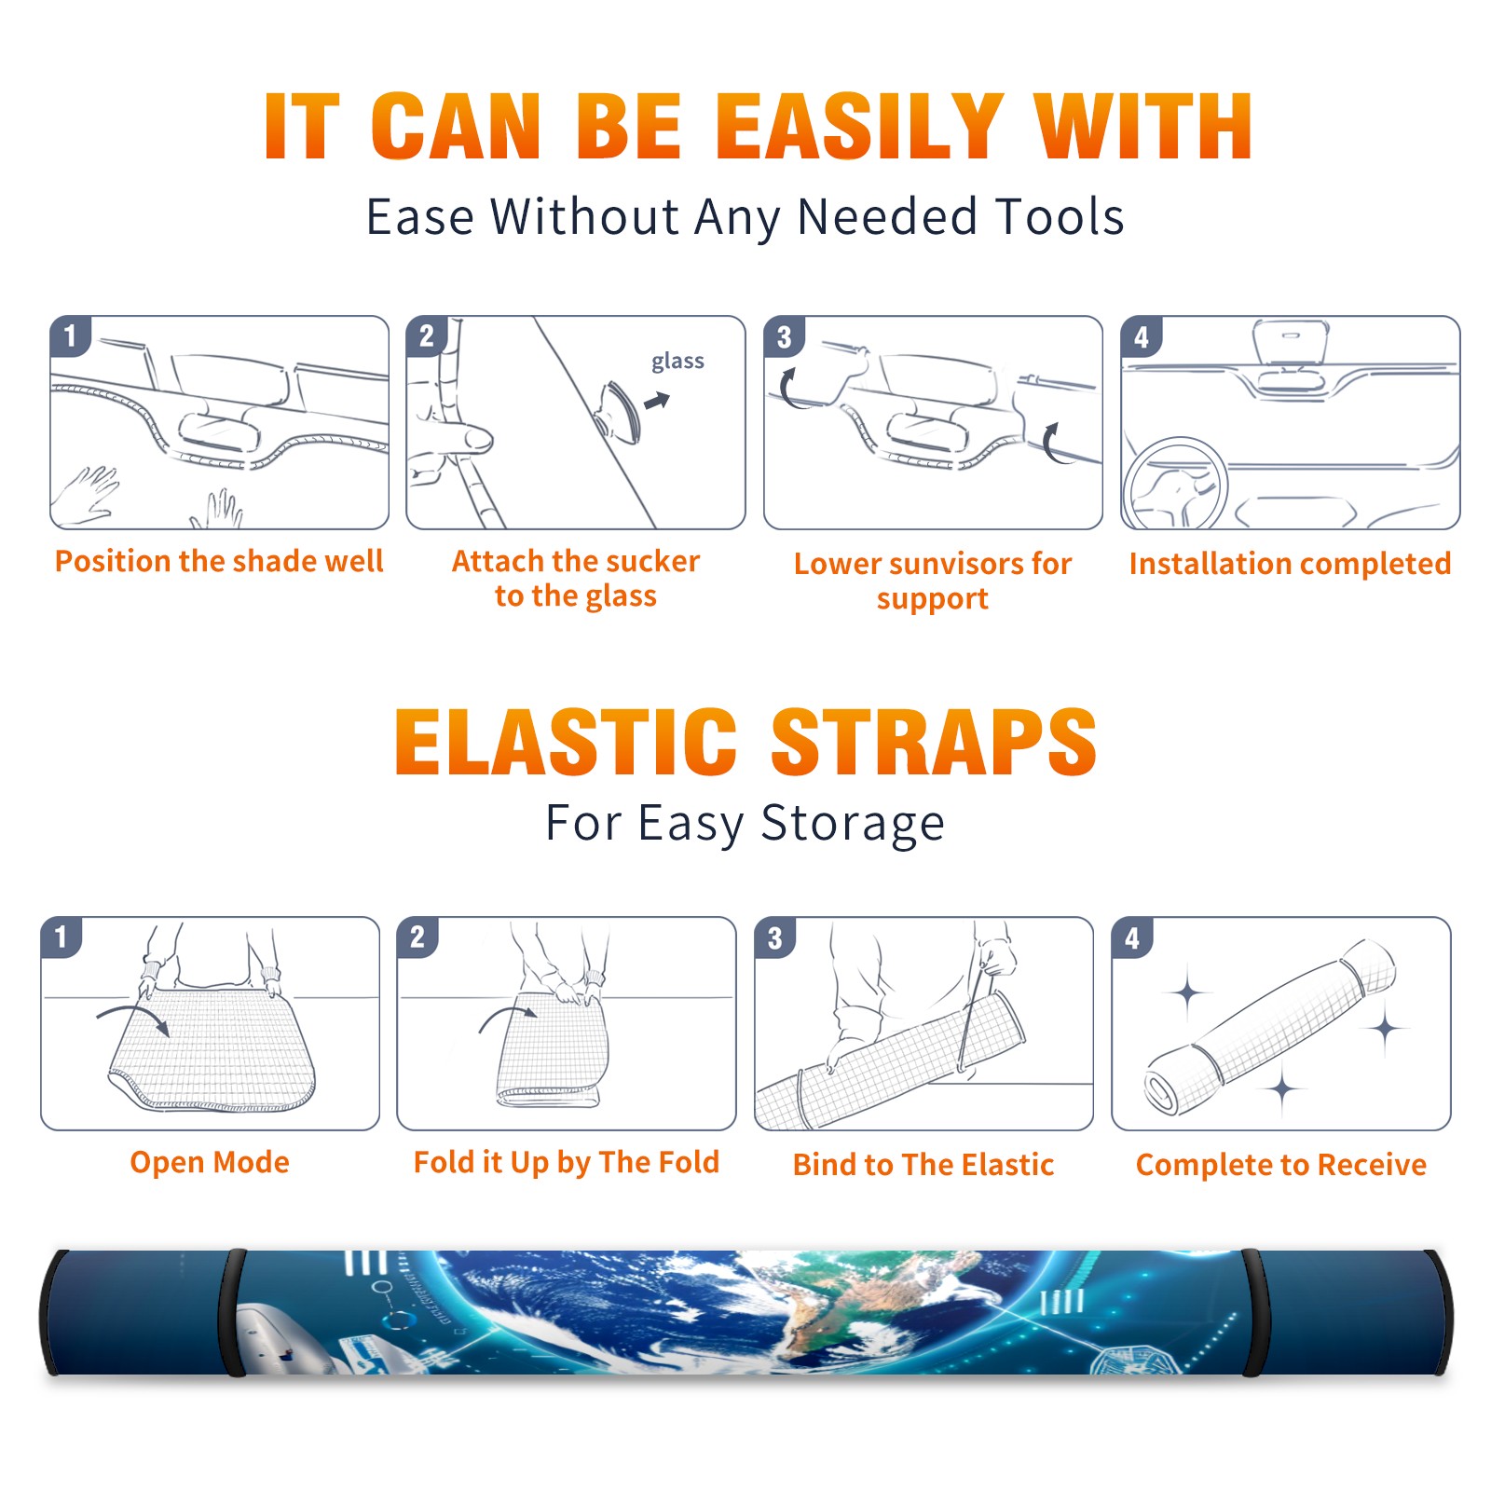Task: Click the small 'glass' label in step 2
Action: [x=677, y=361]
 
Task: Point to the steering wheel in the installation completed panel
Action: [x=1174, y=483]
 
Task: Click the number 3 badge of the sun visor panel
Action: [x=784, y=336]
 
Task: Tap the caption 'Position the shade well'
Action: [x=219, y=561]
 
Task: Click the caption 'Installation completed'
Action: [x=1290, y=564]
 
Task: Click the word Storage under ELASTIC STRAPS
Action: [x=853, y=824]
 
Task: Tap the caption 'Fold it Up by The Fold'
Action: [x=567, y=1162]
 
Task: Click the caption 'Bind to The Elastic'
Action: [x=923, y=1165]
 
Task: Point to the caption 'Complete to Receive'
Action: [x=1281, y=1165]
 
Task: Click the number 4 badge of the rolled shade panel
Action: [x=1131, y=937]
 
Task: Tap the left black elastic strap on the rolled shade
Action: [x=233, y=1312]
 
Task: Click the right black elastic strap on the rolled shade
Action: [x=1252, y=1312]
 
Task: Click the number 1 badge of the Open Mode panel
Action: [x=61, y=937]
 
